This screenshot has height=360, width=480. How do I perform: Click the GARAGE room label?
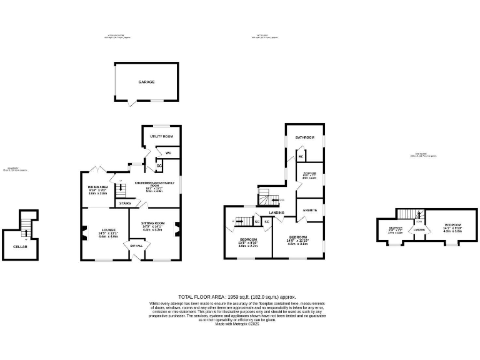point(146,82)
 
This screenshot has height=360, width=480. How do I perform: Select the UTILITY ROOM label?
point(161,136)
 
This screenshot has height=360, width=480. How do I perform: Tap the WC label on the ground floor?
point(168,152)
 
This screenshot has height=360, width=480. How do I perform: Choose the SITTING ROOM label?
point(152,223)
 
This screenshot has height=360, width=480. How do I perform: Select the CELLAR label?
point(20,246)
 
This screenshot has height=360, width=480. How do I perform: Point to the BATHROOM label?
point(305,137)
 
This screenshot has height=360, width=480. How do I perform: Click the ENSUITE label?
point(310,210)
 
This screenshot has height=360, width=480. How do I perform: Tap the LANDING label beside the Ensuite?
point(277,213)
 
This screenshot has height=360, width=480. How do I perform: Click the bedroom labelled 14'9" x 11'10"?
point(297,237)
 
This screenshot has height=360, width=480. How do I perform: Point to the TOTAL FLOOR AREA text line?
point(237,297)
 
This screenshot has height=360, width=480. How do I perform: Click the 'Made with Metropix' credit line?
point(237,324)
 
